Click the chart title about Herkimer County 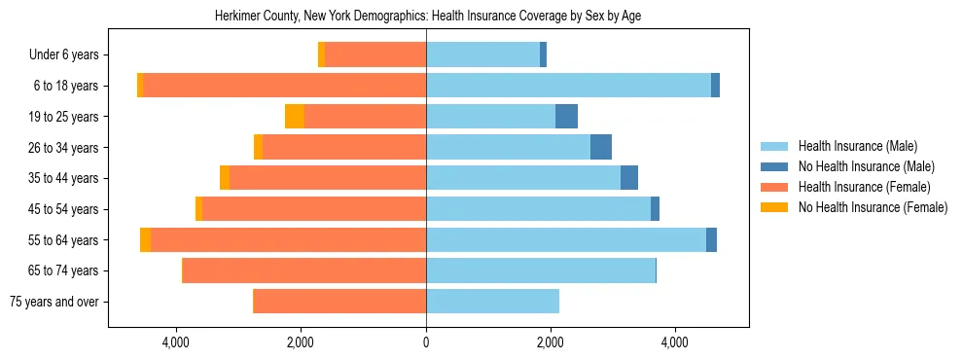point(427,16)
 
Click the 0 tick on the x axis point(426,342)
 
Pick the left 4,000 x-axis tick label point(176,342)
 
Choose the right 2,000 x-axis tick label point(550,342)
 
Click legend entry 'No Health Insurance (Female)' point(873,207)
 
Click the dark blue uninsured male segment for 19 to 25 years point(566,117)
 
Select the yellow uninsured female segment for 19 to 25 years point(295,117)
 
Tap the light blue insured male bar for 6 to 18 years point(568,86)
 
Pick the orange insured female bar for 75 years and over point(339,302)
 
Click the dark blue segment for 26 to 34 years point(601,147)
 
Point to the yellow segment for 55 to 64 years point(145,240)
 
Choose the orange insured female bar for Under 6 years point(375,55)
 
